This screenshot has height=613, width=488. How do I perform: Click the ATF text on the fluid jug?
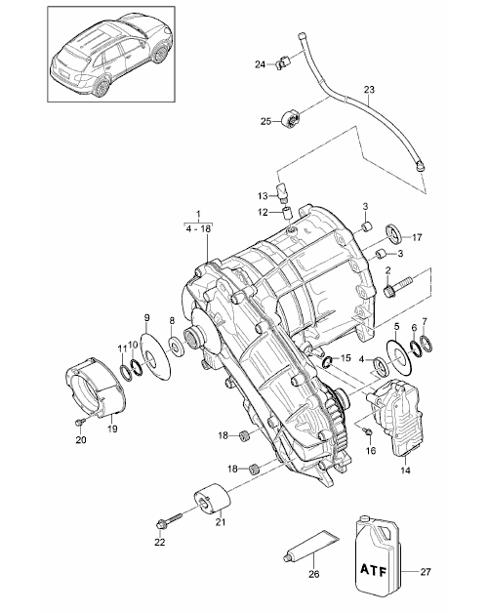pos(374,571)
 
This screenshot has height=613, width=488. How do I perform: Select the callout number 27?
pos(426,572)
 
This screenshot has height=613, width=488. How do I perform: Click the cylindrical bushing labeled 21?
pos(212,498)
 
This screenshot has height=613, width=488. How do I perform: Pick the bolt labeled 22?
pos(169,520)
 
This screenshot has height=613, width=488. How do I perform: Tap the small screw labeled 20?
pos(81,422)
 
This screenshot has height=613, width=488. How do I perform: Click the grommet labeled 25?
pos(291,118)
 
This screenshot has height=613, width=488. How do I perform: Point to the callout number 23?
pos(369,90)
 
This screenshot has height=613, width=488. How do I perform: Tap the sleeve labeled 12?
pos(288,216)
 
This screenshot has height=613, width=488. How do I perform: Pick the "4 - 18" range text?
pos(198,229)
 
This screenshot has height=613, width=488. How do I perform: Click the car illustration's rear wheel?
pos(102,87)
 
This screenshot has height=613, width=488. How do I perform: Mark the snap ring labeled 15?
pos(327,362)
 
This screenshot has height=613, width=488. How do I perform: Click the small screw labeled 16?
pos(369,431)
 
